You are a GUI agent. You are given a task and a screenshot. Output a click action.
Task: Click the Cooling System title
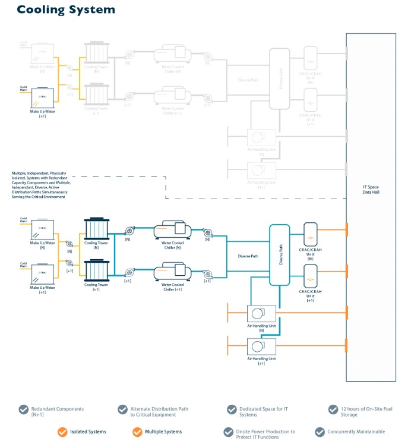(66, 10)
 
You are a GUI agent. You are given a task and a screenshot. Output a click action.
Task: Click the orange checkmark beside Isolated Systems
(62, 431)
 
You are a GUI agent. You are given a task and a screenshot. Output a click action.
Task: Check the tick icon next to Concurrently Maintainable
(321, 432)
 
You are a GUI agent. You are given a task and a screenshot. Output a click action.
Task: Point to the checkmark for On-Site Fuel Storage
(334, 409)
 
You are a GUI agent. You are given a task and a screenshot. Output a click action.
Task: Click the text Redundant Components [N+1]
(58, 411)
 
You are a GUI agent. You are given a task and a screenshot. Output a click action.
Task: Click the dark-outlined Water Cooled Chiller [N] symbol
(172, 231)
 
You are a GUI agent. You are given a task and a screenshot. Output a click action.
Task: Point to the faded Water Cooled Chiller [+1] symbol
(172, 96)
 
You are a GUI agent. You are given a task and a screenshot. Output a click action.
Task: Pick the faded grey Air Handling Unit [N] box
(261, 138)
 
